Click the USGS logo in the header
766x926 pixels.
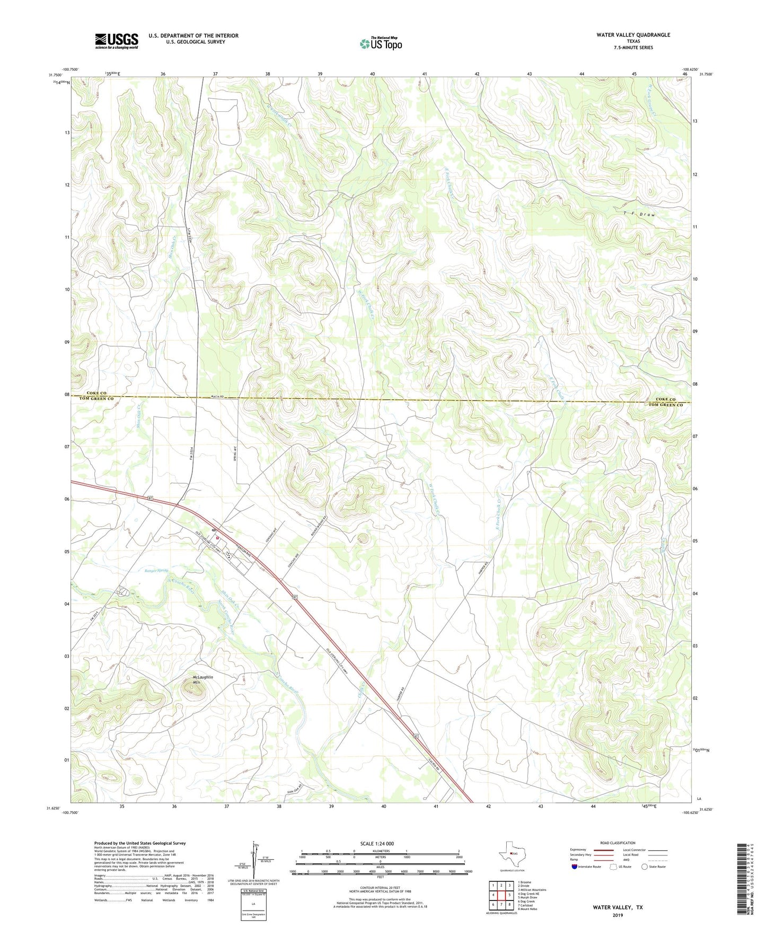click(x=117, y=40)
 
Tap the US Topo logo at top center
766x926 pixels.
click(x=381, y=43)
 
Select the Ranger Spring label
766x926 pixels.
click(x=156, y=571)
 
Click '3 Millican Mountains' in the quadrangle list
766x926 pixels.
click(x=532, y=890)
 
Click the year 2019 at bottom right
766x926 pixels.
click(x=618, y=915)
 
